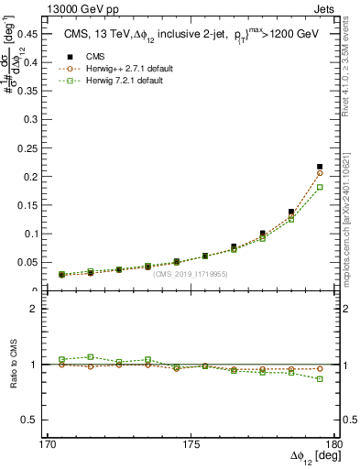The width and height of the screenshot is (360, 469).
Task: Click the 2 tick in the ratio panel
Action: click(40, 310)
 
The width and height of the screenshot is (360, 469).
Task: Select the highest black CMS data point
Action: click(320, 167)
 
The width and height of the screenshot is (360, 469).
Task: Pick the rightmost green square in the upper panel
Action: click(320, 187)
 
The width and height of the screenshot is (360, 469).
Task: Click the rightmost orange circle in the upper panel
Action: click(320, 172)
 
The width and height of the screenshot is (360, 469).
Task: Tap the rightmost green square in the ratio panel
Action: click(320, 378)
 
